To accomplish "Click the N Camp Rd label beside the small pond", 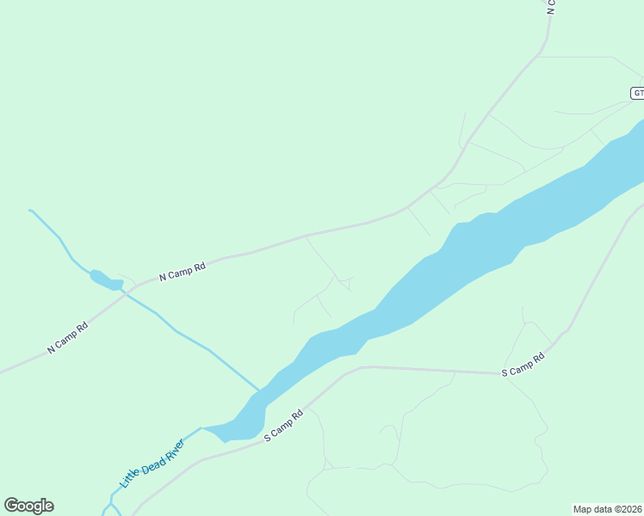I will coord(183,272).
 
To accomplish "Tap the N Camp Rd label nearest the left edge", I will coord(68,338).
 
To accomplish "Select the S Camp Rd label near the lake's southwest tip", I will coord(284,426).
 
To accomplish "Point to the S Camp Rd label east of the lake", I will coord(523,365).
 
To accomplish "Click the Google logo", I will coord(28,506).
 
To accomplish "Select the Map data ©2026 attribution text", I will coord(607,508).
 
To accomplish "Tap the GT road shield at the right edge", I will coord(637,93).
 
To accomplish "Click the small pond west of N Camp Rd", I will coord(104,279).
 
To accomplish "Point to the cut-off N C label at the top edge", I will coord(551,7).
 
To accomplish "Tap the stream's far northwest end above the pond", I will coord(31,210).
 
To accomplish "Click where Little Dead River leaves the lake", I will coord(203,427).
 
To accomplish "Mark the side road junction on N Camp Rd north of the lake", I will coord(307,235).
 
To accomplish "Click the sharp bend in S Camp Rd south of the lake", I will coord(362,367).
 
